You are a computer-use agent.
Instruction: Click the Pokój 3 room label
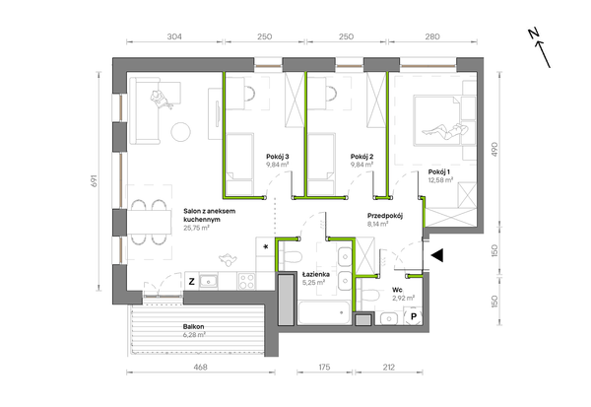point(278,157)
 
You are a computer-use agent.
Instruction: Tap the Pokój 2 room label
point(361,157)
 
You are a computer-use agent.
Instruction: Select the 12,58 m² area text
point(440,180)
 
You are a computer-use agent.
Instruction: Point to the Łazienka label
point(316,274)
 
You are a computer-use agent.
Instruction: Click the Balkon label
point(194,326)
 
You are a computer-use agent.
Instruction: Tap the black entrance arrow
point(437,255)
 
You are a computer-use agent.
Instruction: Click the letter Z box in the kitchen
point(191,282)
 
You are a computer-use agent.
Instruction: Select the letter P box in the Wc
point(414,316)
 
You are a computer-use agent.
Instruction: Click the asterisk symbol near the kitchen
point(266,247)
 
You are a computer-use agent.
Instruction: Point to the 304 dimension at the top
point(174,36)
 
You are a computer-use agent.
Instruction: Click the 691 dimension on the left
point(94,180)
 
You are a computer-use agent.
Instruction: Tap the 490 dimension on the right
point(494,150)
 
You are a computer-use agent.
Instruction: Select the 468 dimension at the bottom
point(200,367)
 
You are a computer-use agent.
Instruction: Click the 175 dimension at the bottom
point(324,367)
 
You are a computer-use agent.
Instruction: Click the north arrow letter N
point(533,34)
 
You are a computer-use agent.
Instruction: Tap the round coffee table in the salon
point(181,132)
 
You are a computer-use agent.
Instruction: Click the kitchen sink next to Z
point(209,282)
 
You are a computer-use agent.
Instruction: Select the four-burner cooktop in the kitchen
point(247,282)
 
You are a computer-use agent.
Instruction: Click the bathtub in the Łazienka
point(324,312)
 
